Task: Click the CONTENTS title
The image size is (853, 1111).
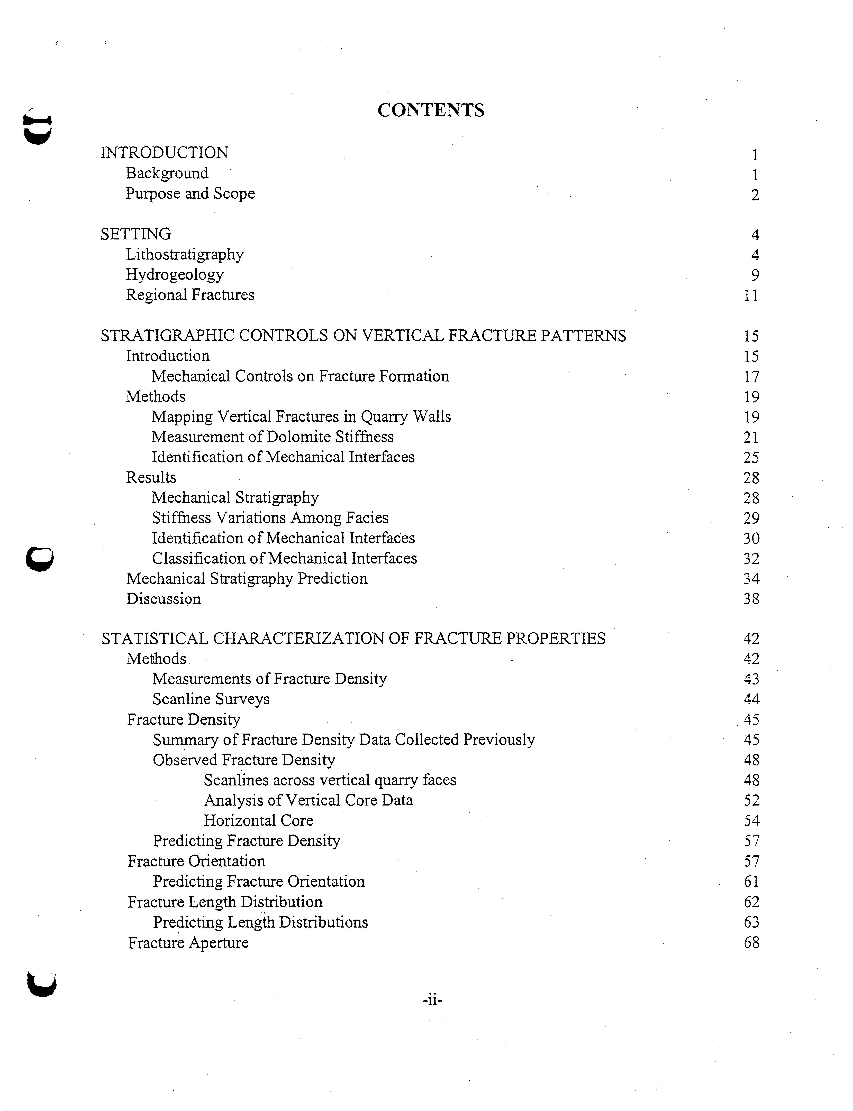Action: (x=431, y=110)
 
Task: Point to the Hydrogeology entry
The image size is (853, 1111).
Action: (x=175, y=275)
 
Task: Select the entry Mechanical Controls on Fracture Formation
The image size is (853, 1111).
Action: (x=300, y=376)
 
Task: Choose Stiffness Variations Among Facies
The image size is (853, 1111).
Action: (x=270, y=518)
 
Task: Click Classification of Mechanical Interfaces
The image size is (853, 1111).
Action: (x=284, y=558)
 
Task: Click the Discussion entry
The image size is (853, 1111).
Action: (x=164, y=599)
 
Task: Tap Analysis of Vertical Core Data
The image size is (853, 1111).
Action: (x=308, y=800)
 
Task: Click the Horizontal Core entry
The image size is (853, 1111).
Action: (x=258, y=821)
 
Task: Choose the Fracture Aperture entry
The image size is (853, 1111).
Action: (x=188, y=942)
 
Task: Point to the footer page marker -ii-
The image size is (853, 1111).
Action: (x=432, y=1000)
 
